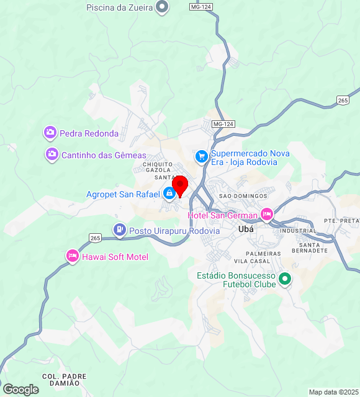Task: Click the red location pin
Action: tap(180, 185)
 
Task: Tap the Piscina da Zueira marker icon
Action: tap(163, 7)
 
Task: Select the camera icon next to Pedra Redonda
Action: tap(50, 133)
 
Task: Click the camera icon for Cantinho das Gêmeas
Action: tap(52, 154)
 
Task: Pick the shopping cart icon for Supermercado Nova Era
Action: tap(201, 156)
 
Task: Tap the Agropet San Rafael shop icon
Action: tap(169, 194)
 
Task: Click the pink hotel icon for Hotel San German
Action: tap(266, 215)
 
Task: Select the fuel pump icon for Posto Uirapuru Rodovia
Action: tap(119, 230)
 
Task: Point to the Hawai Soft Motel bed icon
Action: tap(73, 256)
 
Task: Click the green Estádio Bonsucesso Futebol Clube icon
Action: tap(285, 280)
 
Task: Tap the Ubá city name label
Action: tap(246, 229)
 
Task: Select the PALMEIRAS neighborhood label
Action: tap(263, 254)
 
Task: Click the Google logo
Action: tap(20, 390)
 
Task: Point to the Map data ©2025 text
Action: tap(333, 392)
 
